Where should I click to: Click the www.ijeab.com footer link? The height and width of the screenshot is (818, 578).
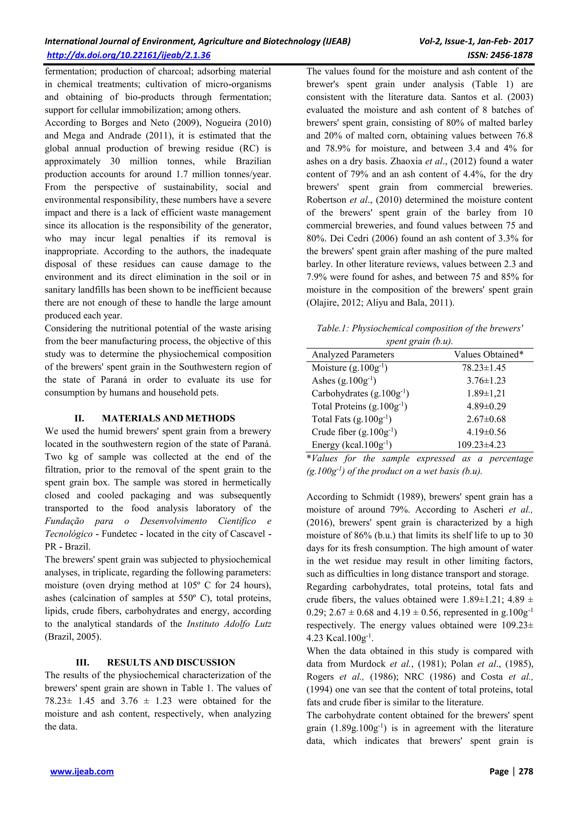point(82,771)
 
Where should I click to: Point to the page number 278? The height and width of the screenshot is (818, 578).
point(526,771)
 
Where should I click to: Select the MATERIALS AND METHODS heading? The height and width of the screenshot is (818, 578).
point(168,418)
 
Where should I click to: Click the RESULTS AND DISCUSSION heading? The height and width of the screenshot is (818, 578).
point(171,662)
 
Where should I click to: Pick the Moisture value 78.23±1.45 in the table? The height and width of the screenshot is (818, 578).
point(484,368)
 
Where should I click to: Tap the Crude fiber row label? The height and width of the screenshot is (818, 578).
point(354,432)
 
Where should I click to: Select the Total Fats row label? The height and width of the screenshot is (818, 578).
point(351,419)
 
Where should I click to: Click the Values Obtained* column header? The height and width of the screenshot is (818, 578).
point(488,354)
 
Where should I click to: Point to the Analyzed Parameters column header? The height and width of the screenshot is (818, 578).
point(353,354)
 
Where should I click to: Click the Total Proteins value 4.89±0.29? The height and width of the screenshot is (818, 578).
point(486,406)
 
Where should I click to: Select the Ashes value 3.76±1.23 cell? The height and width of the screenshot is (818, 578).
point(486,381)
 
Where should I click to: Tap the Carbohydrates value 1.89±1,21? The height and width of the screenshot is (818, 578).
point(486,393)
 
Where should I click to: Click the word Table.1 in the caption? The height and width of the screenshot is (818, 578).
point(331,328)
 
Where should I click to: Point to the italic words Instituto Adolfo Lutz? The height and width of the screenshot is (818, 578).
point(229,624)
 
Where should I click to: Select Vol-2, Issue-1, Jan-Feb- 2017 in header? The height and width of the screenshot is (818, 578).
point(476,41)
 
